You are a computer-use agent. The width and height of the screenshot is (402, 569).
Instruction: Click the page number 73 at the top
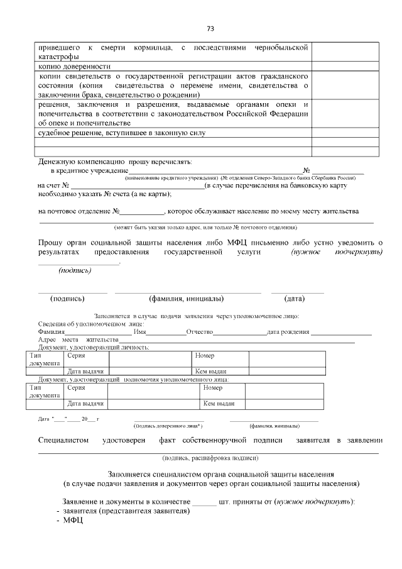point(210,28)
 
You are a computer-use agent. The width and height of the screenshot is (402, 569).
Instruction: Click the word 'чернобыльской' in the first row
point(281,48)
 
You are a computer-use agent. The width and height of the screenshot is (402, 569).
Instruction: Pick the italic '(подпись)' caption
point(75,271)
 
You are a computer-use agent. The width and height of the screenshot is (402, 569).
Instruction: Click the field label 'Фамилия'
point(52,332)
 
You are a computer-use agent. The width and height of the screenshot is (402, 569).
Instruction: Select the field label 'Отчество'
point(200,332)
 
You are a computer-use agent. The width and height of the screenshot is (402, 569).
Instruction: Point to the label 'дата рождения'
point(288,332)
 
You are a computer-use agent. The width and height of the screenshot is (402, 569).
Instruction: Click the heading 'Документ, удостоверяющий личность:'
point(94,347)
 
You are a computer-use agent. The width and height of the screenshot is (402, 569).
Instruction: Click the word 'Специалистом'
point(63,440)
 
